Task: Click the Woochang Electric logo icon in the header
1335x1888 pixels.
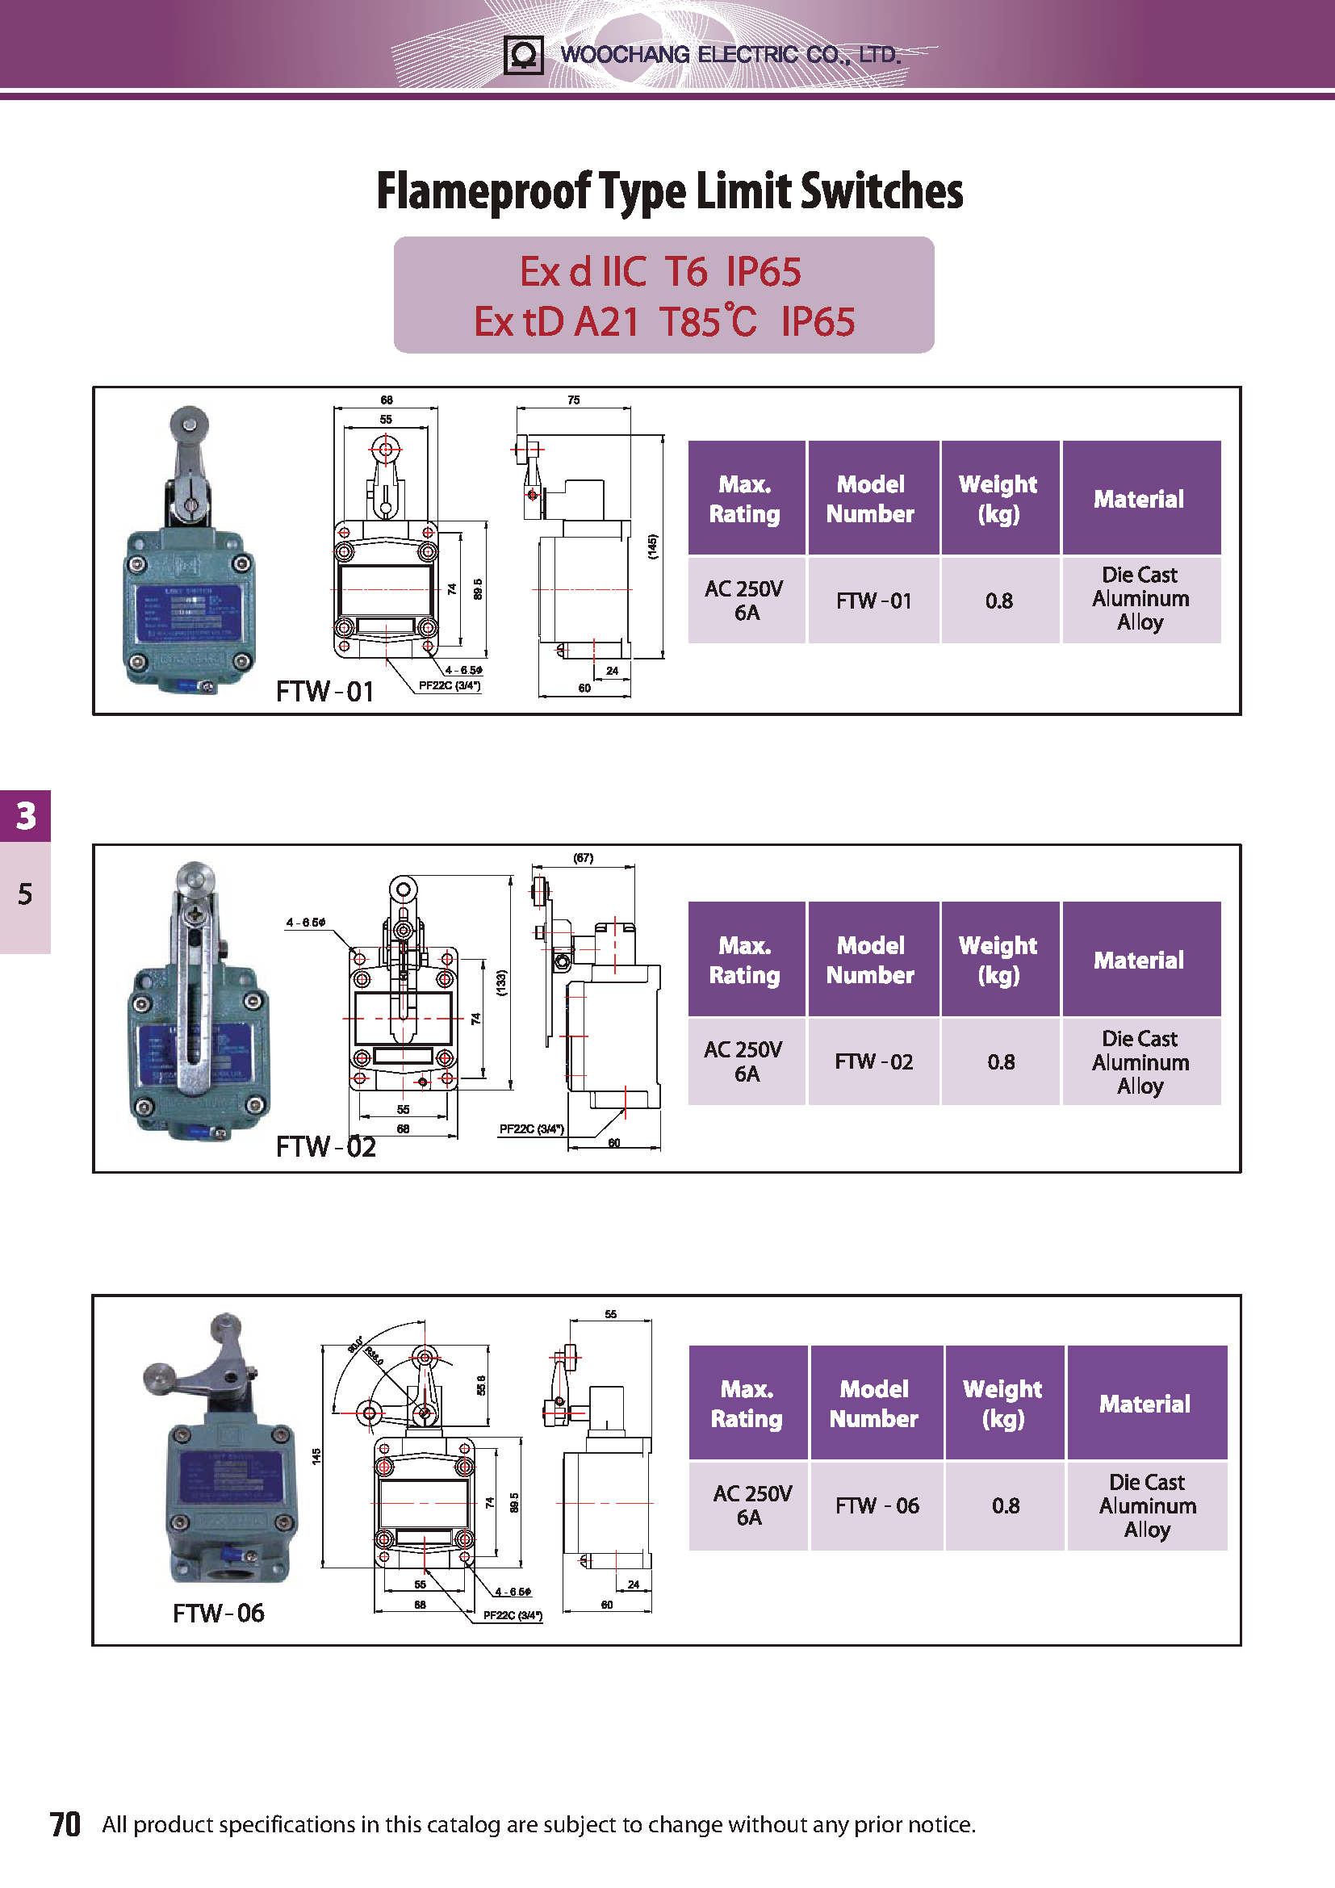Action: click(523, 55)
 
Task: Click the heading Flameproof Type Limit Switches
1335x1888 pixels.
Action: click(669, 190)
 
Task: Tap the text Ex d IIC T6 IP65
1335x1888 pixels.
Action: click(660, 271)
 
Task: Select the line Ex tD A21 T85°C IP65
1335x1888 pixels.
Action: click(663, 321)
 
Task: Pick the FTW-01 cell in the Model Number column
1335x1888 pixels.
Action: click(873, 601)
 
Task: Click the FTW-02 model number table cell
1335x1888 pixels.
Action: click(873, 1061)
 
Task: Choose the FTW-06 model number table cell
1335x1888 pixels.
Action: click(877, 1505)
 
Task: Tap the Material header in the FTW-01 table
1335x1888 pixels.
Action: click(1140, 498)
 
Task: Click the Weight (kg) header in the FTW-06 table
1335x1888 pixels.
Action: click(1002, 1403)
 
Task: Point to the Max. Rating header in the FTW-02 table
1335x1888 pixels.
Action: click(745, 960)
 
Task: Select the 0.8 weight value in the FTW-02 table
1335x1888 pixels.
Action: click(1000, 1061)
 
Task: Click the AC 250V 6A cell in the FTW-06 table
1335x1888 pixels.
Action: click(751, 1505)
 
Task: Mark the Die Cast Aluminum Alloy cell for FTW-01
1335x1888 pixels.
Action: click(1140, 599)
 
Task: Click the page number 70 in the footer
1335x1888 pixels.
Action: click(65, 1824)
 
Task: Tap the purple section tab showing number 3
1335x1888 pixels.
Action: click(26, 816)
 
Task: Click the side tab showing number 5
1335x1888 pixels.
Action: click(26, 894)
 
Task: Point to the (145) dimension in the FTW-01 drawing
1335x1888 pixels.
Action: click(653, 546)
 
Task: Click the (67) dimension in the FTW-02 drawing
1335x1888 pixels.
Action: click(583, 858)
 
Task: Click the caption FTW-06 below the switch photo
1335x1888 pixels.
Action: click(219, 1614)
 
